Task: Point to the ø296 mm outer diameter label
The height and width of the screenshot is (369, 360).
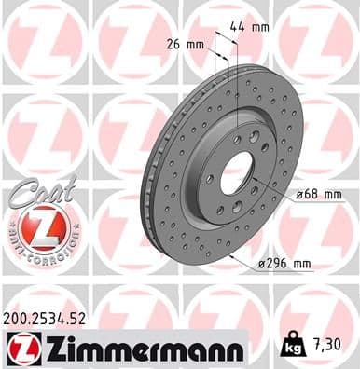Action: click(x=284, y=264)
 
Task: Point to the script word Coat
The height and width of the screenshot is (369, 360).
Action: click(x=35, y=189)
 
